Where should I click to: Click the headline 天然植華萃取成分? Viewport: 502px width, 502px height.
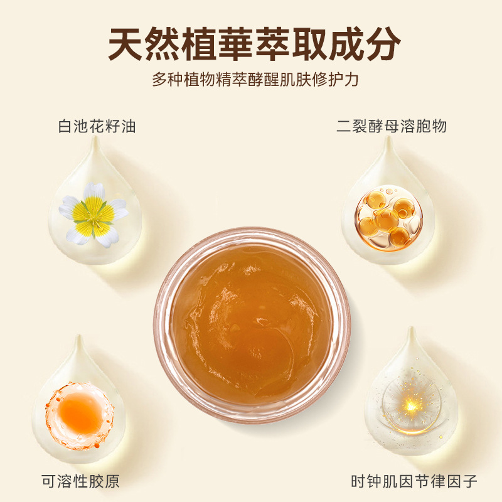coord(254,44)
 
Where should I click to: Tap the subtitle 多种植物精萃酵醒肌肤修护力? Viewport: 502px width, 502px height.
coord(255,80)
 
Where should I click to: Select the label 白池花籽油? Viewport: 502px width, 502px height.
coord(97,126)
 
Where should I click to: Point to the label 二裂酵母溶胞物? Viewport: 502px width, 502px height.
coord(391,126)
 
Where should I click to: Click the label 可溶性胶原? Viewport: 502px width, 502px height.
coord(80,481)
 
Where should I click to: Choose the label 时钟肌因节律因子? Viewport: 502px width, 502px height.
coord(414,481)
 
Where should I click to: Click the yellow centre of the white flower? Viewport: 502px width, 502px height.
coord(93,215)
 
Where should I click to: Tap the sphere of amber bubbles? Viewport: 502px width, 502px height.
coord(388,218)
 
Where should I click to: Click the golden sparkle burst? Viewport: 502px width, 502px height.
coord(411,407)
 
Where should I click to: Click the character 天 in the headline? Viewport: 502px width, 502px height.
coord(126,44)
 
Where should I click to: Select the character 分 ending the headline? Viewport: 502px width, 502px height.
coord(383,44)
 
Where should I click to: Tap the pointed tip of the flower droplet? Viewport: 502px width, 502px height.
coord(95,136)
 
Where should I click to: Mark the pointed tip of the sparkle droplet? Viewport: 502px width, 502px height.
coord(412,328)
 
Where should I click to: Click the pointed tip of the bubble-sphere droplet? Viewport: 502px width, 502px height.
coord(388,136)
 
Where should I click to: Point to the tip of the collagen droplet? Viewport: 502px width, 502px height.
coord(78,336)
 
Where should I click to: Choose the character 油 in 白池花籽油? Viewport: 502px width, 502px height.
coord(128,126)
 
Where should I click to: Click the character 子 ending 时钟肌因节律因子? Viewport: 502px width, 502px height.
coord(469,481)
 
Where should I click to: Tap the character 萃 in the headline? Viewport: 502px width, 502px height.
coord(273,44)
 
